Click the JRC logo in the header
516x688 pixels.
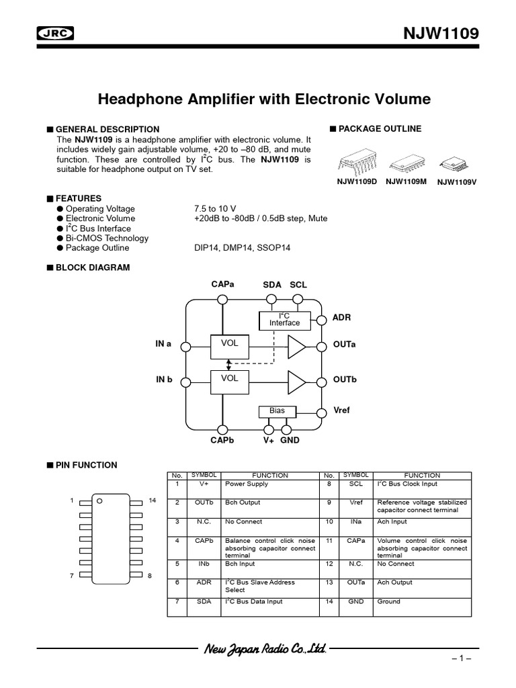click(55, 34)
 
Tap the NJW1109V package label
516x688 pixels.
click(457, 181)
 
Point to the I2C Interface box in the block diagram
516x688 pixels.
click(284, 320)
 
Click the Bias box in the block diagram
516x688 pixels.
click(277, 411)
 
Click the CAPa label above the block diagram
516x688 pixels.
click(222, 285)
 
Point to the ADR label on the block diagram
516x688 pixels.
click(342, 317)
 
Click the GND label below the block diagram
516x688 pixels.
click(290, 440)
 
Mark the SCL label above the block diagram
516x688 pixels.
click(298, 285)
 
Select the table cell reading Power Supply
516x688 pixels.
click(246, 484)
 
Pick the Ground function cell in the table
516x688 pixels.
click(388, 601)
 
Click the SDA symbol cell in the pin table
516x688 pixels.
click(204, 601)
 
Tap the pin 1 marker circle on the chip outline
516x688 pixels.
click(99, 501)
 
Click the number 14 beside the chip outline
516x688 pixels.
click(152, 501)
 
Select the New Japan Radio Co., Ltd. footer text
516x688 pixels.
click(263, 649)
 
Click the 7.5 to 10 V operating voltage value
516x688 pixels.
click(214, 209)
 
